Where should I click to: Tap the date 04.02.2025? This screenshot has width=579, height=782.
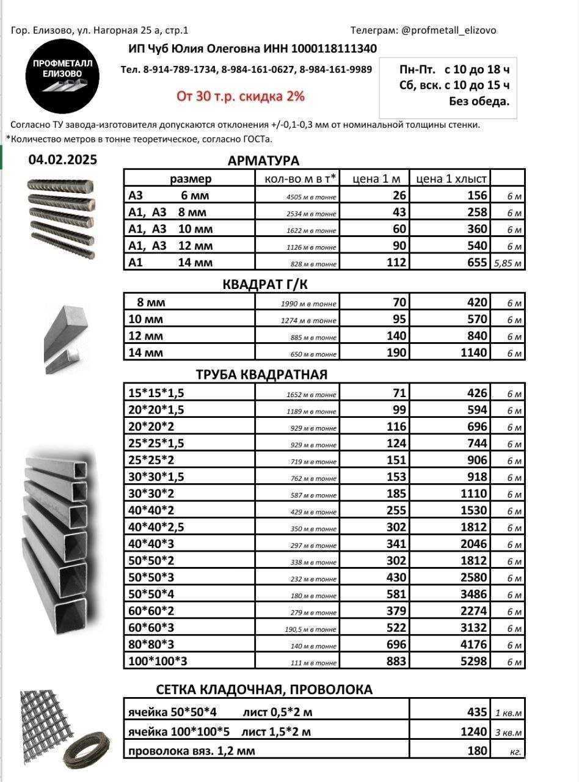[x=62, y=160]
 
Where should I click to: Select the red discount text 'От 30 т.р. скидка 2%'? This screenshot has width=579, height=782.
[x=240, y=96]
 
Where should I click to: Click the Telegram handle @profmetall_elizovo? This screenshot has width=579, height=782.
[x=448, y=30]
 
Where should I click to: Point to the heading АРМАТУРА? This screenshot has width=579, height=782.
[x=263, y=161]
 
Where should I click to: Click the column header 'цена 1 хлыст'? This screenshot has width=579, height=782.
[x=451, y=178]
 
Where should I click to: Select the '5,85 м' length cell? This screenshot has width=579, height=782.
[x=508, y=263]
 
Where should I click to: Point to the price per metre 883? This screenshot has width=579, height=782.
[x=396, y=661]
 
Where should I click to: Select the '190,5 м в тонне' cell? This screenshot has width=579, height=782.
[x=311, y=629]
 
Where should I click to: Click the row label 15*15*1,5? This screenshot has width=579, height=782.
[x=156, y=393]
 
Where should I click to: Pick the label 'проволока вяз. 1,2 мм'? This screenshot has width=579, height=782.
[x=192, y=750]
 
